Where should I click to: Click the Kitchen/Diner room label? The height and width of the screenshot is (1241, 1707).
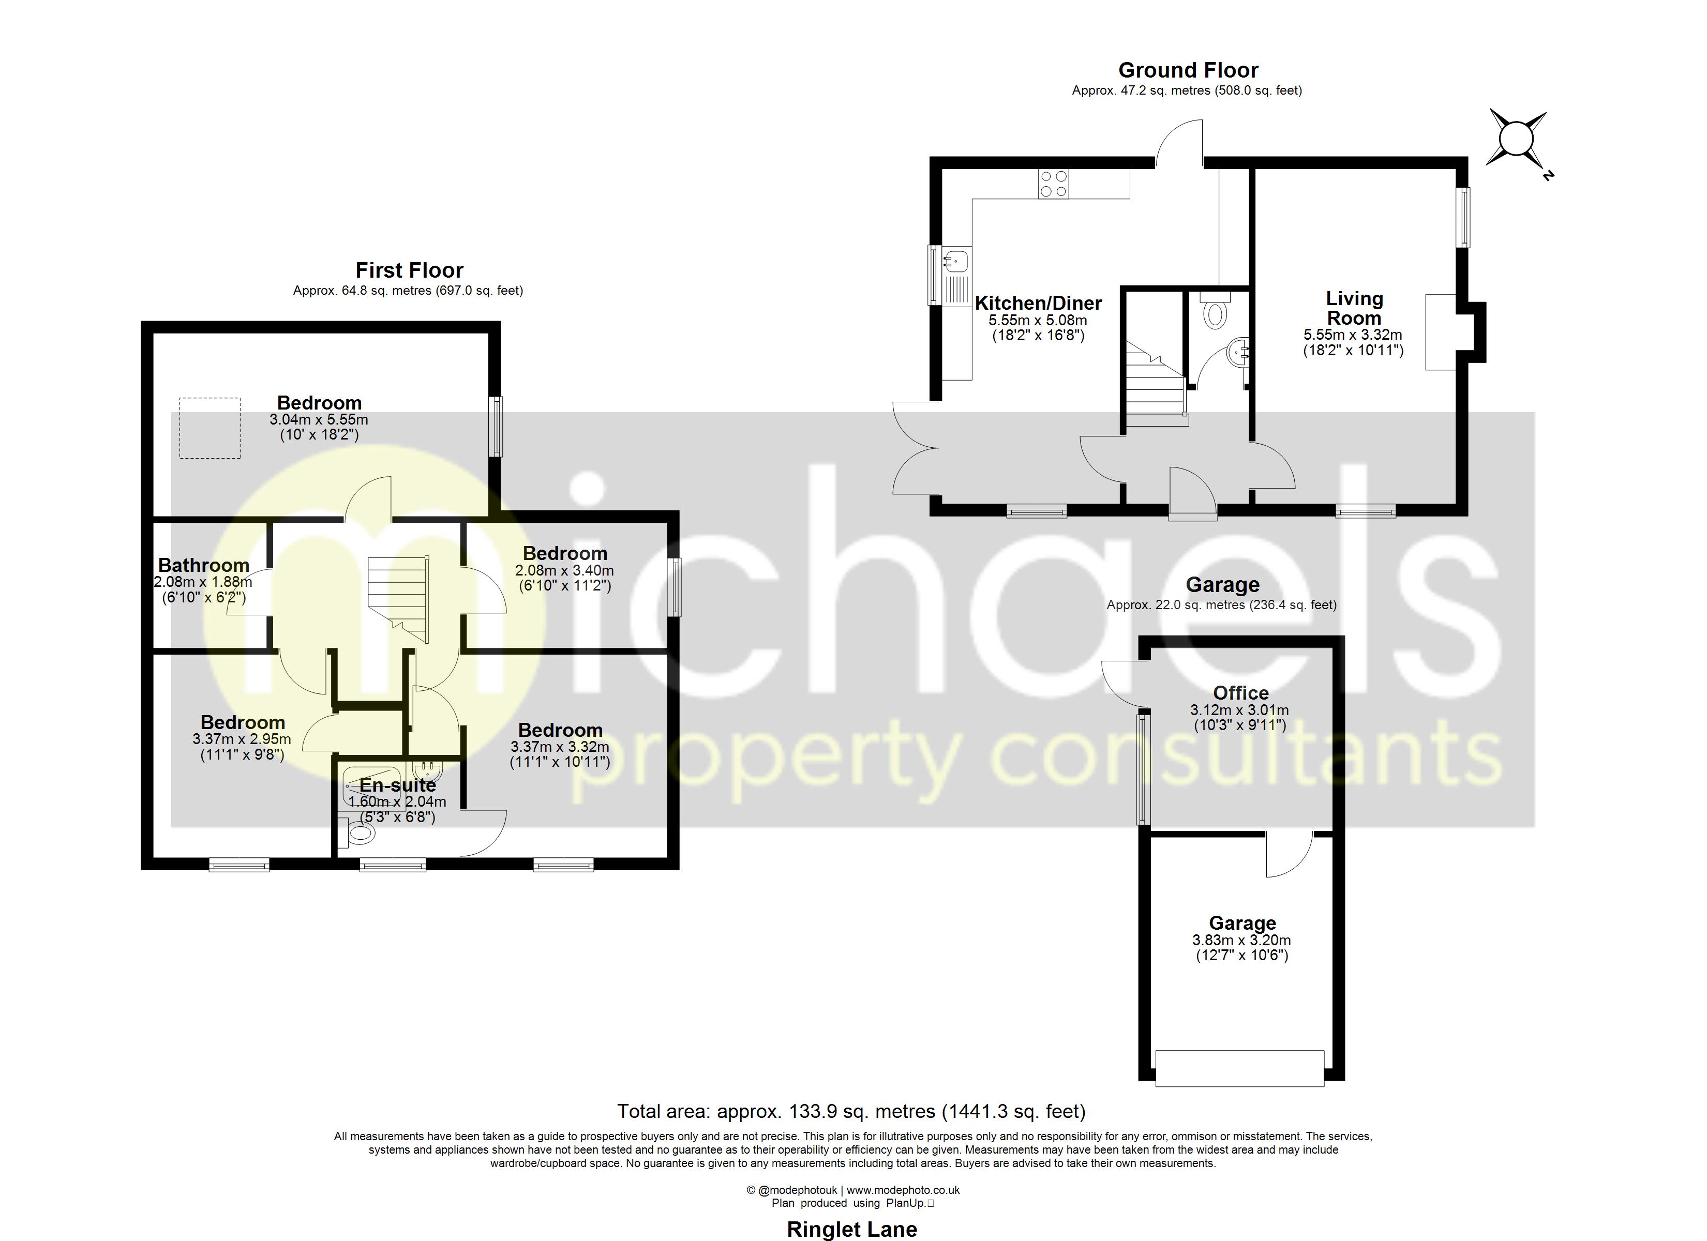click(x=1038, y=304)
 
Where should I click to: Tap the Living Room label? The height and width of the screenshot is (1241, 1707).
click(x=1354, y=309)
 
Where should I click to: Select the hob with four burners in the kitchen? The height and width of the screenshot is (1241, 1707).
click(x=1053, y=184)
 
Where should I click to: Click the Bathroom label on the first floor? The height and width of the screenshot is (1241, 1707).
click(x=203, y=565)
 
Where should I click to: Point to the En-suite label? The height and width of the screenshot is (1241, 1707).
click(x=397, y=785)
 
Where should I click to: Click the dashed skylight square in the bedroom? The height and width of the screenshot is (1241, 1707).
click(x=210, y=428)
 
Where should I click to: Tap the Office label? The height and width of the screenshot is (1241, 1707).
click(x=1240, y=693)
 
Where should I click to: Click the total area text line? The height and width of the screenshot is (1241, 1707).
click(x=851, y=1111)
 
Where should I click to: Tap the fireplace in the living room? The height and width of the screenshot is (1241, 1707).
click(x=1441, y=332)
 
